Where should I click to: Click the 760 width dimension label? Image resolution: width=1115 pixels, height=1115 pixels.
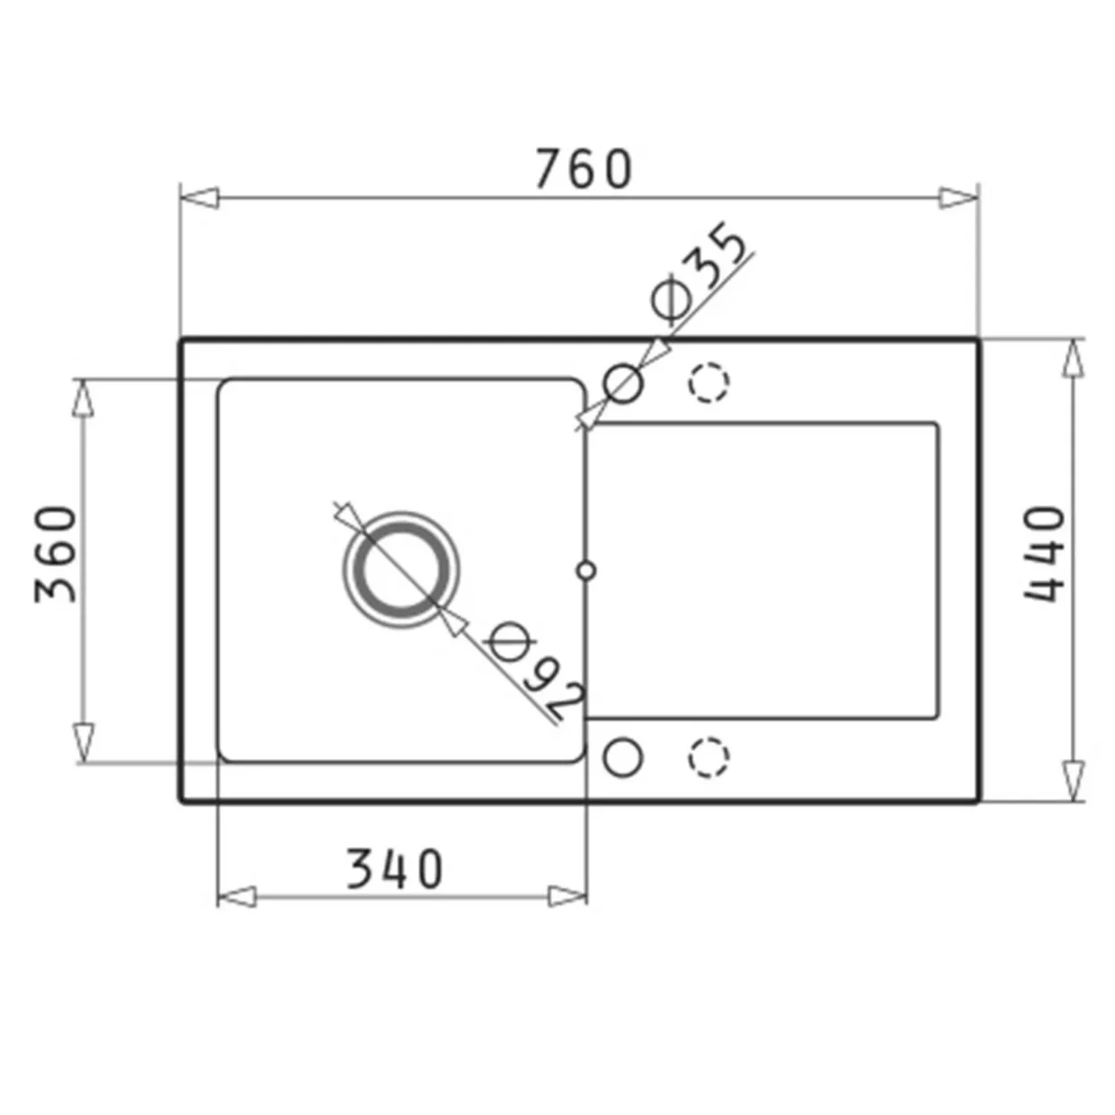(584, 169)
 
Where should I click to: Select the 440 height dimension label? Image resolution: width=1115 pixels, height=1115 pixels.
(1044, 554)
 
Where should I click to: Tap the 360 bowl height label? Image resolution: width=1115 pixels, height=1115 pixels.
(55, 554)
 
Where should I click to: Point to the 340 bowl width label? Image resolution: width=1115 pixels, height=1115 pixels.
(395, 869)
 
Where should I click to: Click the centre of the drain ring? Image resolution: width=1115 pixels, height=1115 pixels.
(401, 570)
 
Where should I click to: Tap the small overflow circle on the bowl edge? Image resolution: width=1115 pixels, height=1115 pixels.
(586, 570)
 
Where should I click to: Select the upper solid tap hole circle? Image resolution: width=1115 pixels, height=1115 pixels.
(622, 383)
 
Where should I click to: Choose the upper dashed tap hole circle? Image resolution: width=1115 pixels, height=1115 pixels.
(709, 383)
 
